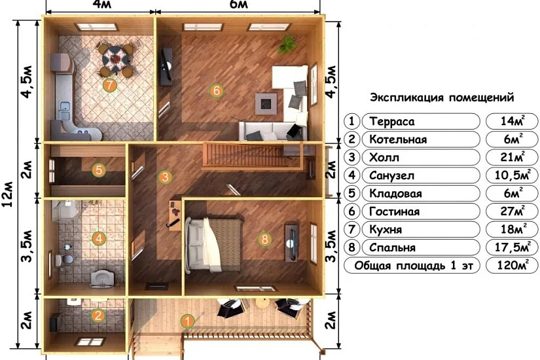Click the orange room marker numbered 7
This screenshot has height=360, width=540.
[x=109, y=84]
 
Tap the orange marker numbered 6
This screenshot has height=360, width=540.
[x=216, y=90]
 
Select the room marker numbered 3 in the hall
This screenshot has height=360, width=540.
[x=165, y=177]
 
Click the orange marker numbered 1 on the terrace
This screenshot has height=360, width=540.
[x=187, y=321]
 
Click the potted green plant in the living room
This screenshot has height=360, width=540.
[x=287, y=45]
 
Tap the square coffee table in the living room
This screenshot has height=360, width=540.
[x=266, y=103]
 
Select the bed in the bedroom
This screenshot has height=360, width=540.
[x=213, y=244]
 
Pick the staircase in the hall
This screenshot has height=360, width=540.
[x=253, y=156]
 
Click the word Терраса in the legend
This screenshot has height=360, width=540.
[x=392, y=121]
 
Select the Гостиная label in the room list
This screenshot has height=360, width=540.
[x=394, y=211]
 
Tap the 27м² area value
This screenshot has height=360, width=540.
[x=512, y=211]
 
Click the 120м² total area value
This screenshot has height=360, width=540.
[x=512, y=265]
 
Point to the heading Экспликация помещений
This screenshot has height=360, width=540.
[x=442, y=98]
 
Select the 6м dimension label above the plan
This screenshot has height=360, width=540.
[x=238, y=4]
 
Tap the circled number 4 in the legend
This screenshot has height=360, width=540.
[x=351, y=175]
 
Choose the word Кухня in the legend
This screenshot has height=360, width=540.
[x=386, y=229]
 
